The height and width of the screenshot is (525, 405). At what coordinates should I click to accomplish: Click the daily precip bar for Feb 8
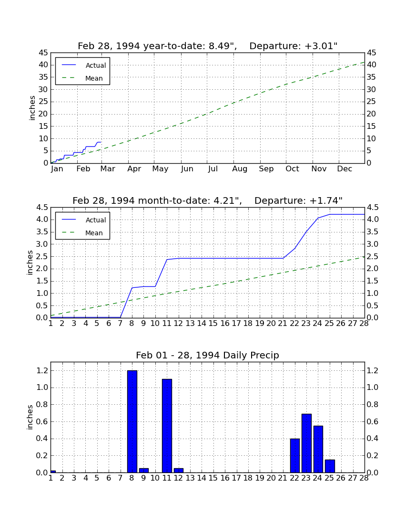[x=132, y=421]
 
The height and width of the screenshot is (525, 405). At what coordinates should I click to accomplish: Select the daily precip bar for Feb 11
[x=167, y=426]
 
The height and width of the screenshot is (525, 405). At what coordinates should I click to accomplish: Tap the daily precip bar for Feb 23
[x=306, y=443]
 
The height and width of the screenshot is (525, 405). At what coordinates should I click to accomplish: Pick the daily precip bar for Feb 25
[x=330, y=466]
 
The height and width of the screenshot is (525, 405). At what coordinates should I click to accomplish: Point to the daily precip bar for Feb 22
[x=295, y=456]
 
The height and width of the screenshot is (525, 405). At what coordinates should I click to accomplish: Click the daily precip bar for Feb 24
[x=318, y=449]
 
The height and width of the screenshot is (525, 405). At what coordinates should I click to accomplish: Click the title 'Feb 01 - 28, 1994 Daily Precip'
[x=207, y=355]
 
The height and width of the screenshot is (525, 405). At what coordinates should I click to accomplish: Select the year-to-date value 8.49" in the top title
[x=221, y=46]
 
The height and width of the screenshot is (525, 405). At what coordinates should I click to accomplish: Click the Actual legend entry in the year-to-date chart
[x=84, y=65]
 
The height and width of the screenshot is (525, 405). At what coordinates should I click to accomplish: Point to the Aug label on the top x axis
[x=240, y=169]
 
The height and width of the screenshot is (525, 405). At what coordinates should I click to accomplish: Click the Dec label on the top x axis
[x=344, y=169]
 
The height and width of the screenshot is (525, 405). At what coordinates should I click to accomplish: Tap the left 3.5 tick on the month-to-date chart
[x=42, y=232]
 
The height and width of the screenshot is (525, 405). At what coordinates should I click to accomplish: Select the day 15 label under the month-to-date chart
[x=213, y=324]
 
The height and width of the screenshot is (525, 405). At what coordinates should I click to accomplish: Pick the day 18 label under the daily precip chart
[x=248, y=478]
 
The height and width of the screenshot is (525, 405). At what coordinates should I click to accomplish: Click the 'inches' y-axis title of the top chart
[x=32, y=108]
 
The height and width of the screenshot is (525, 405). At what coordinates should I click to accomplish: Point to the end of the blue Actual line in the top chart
[x=101, y=142]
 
